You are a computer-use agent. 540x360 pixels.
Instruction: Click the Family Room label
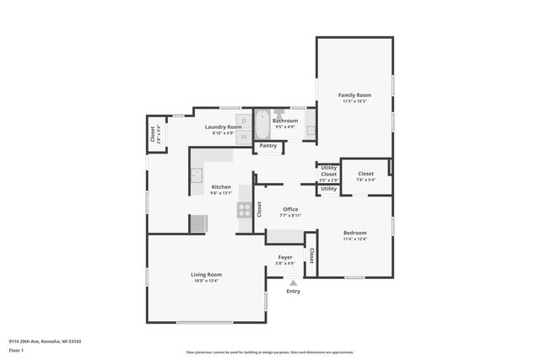[x=354, y=95]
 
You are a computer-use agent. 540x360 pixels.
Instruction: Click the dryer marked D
[x=245, y=121]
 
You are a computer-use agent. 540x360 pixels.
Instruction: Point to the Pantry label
[x=268, y=146]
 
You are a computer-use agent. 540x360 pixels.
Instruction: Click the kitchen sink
[x=196, y=175]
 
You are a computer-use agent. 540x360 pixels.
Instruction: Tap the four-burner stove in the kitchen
[x=245, y=210]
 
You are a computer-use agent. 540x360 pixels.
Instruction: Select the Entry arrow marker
[x=293, y=282]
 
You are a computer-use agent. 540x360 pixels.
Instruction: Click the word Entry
[x=293, y=292]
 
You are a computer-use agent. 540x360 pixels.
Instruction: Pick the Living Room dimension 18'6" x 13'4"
[x=206, y=281]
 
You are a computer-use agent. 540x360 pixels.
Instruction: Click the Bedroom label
[x=354, y=233]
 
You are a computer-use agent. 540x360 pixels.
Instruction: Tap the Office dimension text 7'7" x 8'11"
[x=290, y=215]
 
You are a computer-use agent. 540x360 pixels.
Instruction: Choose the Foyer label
[x=285, y=257]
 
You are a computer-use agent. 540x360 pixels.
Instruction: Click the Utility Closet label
[x=328, y=170]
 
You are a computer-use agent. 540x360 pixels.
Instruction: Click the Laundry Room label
[x=223, y=126]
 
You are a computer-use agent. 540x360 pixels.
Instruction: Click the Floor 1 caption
[x=16, y=350]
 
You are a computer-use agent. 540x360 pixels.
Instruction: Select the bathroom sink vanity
[x=310, y=130]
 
